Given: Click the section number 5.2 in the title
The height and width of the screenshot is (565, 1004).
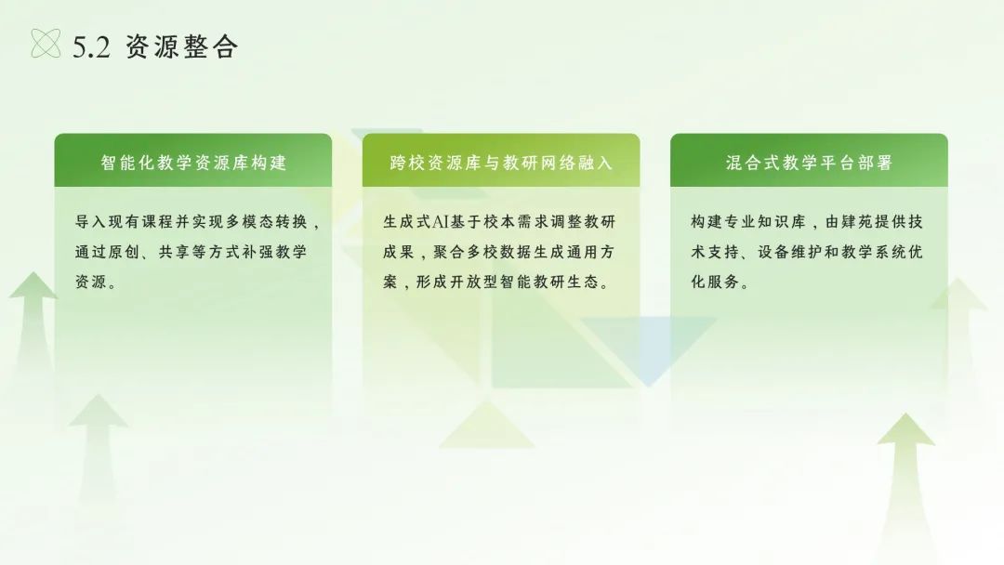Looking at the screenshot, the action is pyautogui.click(x=91, y=47).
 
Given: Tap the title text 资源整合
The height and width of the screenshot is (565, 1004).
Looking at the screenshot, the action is pyautogui.click(x=182, y=46).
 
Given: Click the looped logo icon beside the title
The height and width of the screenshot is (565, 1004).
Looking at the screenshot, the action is pyautogui.click(x=46, y=44).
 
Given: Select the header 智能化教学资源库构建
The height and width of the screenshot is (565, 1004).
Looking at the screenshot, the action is pyautogui.click(x=193, y=163).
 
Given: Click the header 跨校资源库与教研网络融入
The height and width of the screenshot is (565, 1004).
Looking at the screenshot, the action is pyautogui.click(x=501, y=163).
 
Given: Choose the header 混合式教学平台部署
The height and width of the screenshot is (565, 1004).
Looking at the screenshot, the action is pyautogui.click(x=810, y=163).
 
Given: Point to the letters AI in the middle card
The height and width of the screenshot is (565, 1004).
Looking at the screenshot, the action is pyautogui.click(x=441, y=222).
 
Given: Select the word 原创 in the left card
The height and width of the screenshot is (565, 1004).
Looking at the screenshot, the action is pyautogui.click(x=124, y=252).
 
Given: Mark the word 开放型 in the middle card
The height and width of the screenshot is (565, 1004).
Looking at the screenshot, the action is pyautogui.click(x=474, y=282).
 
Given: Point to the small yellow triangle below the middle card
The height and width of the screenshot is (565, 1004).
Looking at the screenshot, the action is pyautogui.click(x=486, y=427).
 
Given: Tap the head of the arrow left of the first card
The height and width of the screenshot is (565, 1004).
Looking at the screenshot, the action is pyautogui.click(x=33, y=285).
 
